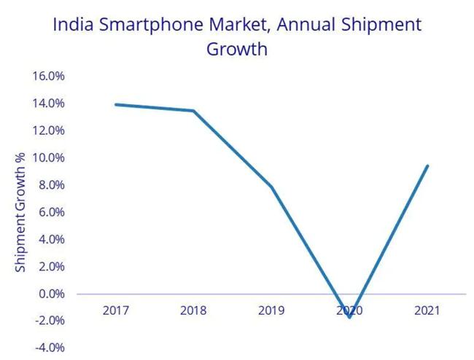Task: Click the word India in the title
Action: pos(75,25)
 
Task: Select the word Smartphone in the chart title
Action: pos(151,25)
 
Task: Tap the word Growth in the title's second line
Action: pos(237,50)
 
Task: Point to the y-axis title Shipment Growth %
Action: pos(21,212)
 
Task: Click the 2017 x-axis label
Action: pos(116,310)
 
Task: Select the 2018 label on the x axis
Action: pos(193,310)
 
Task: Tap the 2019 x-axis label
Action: pos(271,310)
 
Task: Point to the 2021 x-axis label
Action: pos(427,310)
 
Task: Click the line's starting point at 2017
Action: pos(116,104)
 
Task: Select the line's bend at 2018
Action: pos(193,111)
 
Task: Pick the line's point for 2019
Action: pos(271,187)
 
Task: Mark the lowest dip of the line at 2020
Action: pos(349,317)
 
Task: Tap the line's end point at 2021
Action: pos(427,166)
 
